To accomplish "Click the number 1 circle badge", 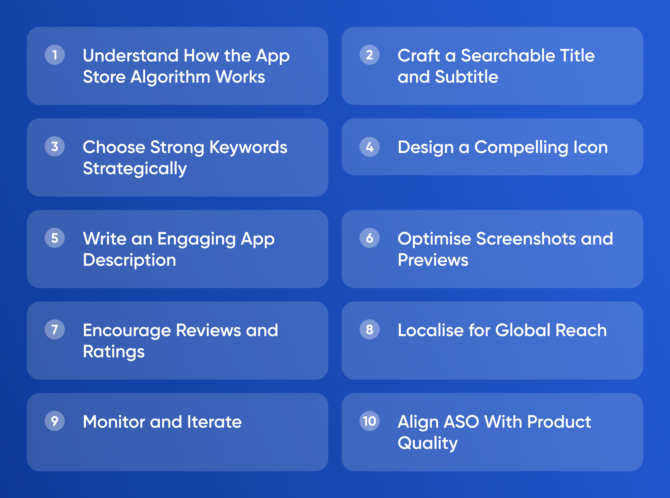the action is coord(55,55).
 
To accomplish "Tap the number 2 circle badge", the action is coord(369,55).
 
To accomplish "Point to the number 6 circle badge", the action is coord(369,238).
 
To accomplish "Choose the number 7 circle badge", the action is coord(55,330).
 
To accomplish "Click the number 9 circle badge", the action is coord(55,421).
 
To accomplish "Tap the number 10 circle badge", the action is coord(369,421).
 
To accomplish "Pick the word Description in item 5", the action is coord(130,260).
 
